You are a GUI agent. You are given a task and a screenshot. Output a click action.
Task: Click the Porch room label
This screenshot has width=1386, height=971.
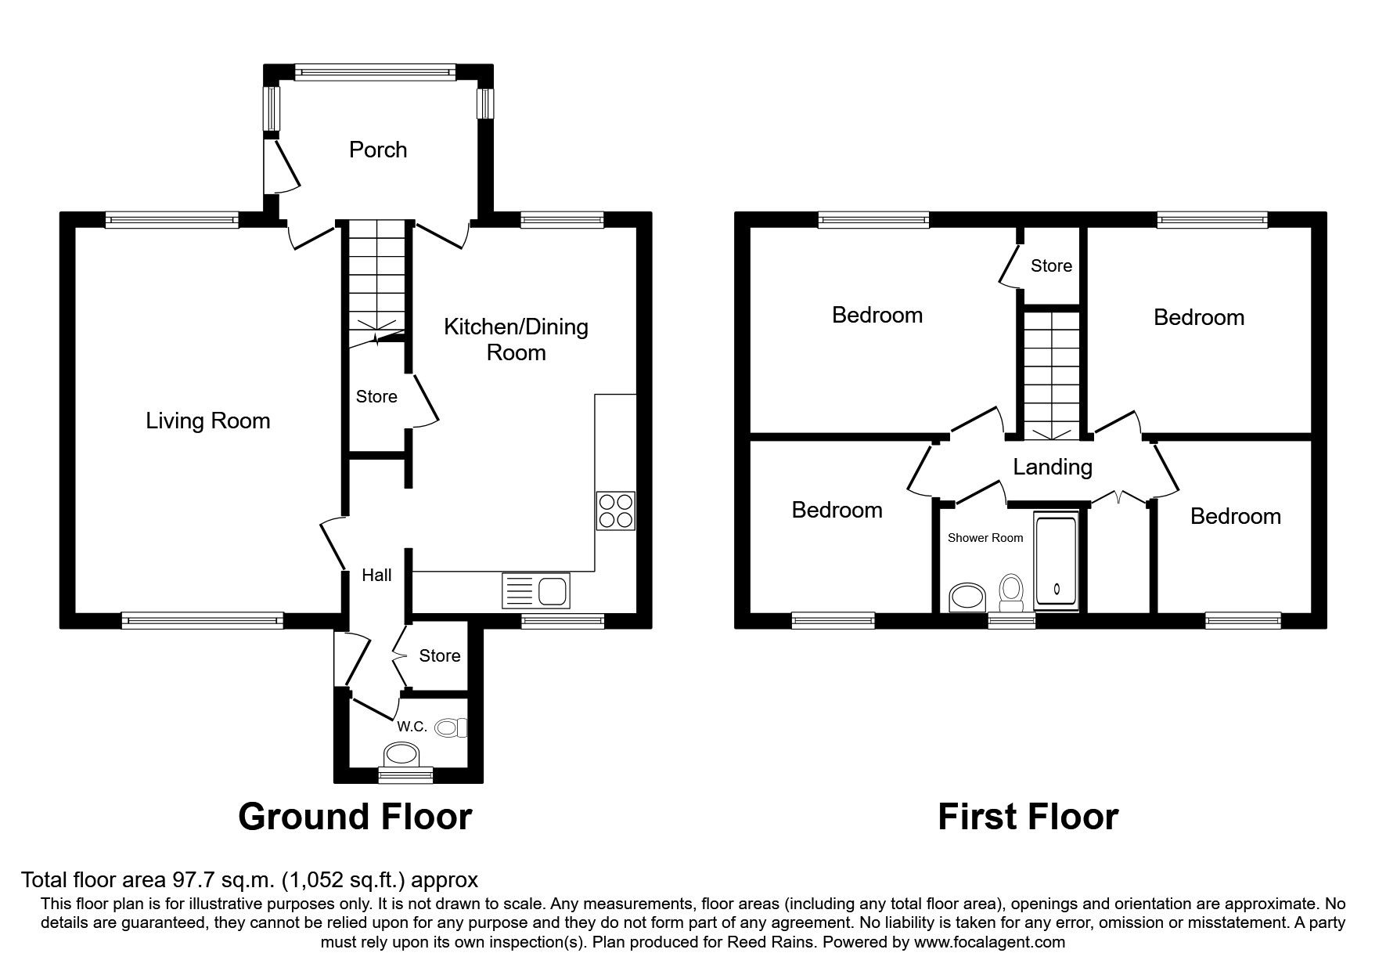pyautogui.click(x=378, y=150)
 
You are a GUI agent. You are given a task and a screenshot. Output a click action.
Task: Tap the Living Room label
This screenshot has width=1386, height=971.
pyautogui.click(x=208, y=421)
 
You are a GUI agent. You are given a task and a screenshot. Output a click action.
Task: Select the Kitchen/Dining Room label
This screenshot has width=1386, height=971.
pyautogui.click(x=516, y=339)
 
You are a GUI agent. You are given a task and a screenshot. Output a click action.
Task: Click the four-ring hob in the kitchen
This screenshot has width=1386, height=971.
pyautogui.click(x=615, y=511)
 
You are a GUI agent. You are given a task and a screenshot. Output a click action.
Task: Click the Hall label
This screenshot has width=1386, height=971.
pyautogui.click(x=376, y=576)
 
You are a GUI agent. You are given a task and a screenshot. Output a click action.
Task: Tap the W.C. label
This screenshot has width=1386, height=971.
pyautogui.click(x=412, y=727)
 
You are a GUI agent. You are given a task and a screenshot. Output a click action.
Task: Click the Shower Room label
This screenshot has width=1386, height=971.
pyautogui.click(x=985, y=538)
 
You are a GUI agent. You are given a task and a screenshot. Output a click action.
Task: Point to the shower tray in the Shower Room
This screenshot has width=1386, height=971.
pyautogui.click(x=1056, y=561)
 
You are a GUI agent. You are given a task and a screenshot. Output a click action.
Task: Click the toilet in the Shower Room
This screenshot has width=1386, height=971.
pyautogui.click(x=1012, y=593)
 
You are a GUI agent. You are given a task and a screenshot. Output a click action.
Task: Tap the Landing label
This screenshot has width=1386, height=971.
pyautogui.click(x=1053, y=467)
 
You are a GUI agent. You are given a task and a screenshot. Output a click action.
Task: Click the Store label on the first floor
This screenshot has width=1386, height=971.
pyautogui.click(x=1051, y=266)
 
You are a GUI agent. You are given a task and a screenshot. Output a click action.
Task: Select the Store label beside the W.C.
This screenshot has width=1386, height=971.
pyautogui.click(x=440, y=656)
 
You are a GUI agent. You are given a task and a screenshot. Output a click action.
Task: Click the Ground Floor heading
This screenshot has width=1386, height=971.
pyautogui.click(x=355, y=817)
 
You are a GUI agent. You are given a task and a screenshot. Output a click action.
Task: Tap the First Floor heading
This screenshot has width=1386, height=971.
pyautogui.click(x=1028, y=817)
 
